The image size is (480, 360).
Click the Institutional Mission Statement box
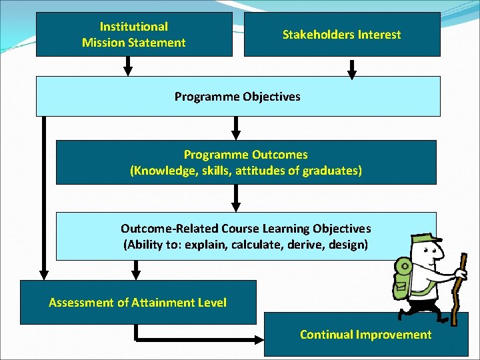pos(133,34)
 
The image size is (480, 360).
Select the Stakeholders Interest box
pos(341,34)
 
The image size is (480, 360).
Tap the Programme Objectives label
pos(237,97)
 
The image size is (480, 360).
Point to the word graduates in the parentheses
pos(331,171)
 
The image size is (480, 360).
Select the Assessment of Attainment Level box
pos(137,303)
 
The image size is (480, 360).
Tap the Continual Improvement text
pos(365,335)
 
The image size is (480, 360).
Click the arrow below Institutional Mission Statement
pos(129,66)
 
